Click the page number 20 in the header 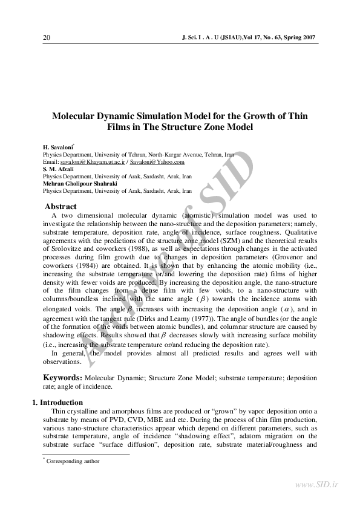point(47,38)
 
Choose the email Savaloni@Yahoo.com point(158,162)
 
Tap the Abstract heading point(61,207)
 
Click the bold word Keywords point(62,378)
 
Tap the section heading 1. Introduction point(57,403)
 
